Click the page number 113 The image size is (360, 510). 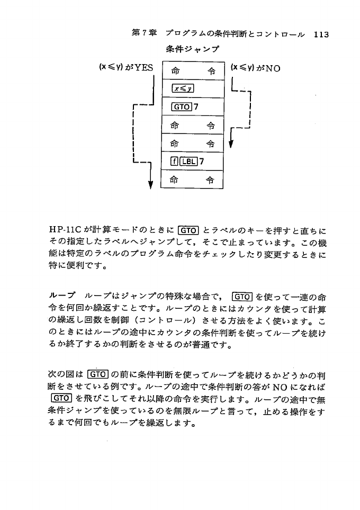[321, 35]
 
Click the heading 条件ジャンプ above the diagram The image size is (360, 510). [193, 50]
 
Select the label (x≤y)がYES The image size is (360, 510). [126, 68]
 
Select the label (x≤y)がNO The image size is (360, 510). [256, 68]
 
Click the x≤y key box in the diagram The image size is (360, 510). [182, 88]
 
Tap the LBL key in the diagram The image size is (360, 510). [186, 162]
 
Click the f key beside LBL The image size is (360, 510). [174, 162]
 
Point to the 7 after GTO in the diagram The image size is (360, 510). [196, 107]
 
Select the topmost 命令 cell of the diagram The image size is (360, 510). [193, 70]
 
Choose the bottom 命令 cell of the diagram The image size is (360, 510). [193, 180]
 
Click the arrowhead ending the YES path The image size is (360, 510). [151, 185]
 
